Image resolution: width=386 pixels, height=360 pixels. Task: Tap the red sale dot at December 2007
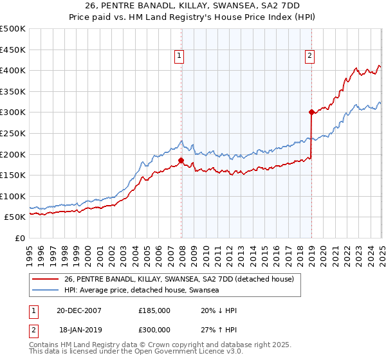tap(181, 161)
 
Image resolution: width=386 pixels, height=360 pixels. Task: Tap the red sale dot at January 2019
tap(311, 113)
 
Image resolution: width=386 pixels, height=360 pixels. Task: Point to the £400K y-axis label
tap(14, 71)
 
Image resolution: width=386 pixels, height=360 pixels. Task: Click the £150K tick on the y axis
tap(14, 175)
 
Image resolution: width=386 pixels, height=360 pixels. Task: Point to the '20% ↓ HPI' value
tap(218, 310)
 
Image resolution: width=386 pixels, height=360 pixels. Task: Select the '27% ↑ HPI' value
tap(218, 332)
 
